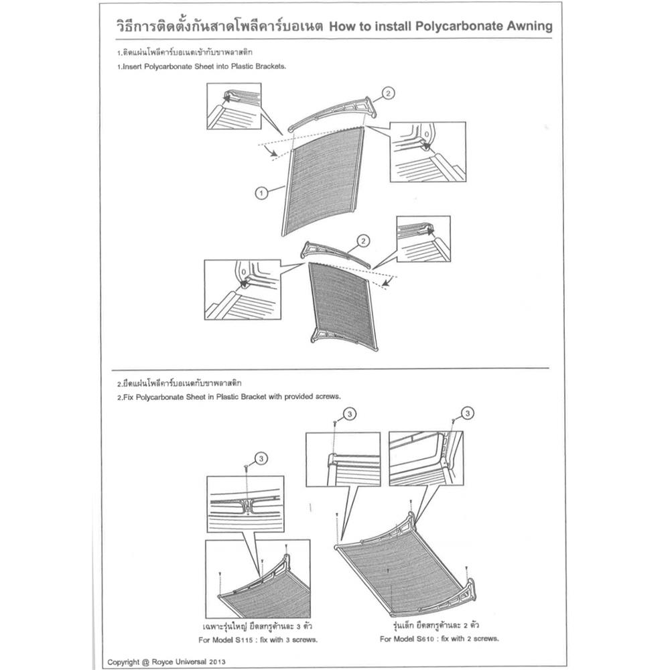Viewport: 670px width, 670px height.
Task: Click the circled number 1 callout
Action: (x=261, y=193)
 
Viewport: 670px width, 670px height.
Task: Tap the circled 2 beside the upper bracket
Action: (x=389, y=94)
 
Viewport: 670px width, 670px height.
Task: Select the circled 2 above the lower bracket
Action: (x=362, y=240)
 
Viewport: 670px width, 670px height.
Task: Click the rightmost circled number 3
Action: (x=468, y=413)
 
